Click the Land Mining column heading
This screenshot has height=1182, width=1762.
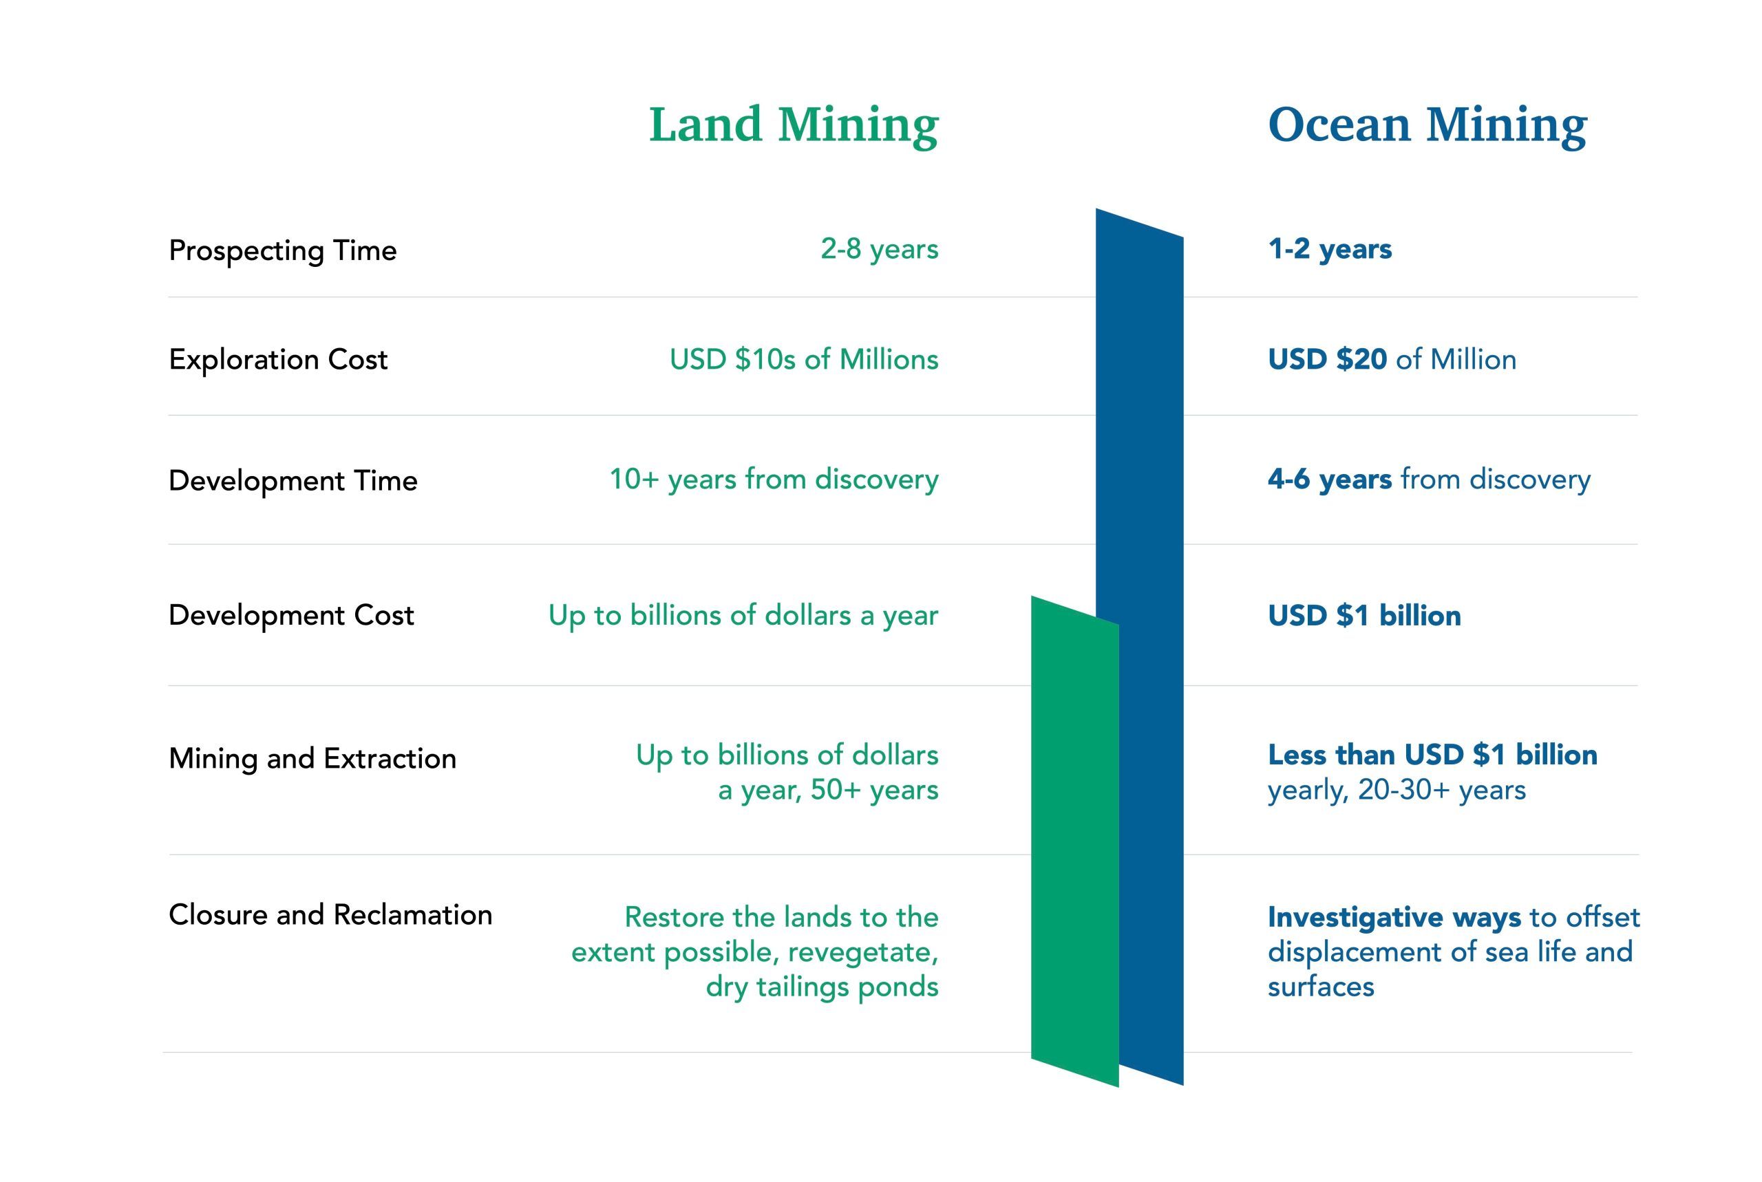coord(794,125)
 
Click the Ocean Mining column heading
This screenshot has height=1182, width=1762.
coord(1427,125)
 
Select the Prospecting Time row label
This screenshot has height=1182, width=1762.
coord(283,251)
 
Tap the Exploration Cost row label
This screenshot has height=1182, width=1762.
coord(278,360)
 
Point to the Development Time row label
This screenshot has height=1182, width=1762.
coord(293,480)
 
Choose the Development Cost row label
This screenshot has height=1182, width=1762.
coord(292,616)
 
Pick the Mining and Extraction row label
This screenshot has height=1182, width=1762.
coord(313,758)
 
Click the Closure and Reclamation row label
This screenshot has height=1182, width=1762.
coord(331,914)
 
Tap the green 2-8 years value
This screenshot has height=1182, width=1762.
coord(880,250)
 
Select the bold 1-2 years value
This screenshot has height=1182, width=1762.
coord(1330,250)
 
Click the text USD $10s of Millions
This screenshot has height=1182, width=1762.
coord(805,360)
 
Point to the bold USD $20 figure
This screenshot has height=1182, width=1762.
coord(1327,360)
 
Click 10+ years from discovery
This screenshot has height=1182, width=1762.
coord(774,480)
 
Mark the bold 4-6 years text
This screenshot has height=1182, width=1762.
coord(1330,480)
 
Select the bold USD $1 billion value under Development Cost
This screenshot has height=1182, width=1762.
coord(1365,616)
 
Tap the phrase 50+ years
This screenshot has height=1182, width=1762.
coord(875,790)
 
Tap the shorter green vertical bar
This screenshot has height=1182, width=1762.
coord(1075,842)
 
